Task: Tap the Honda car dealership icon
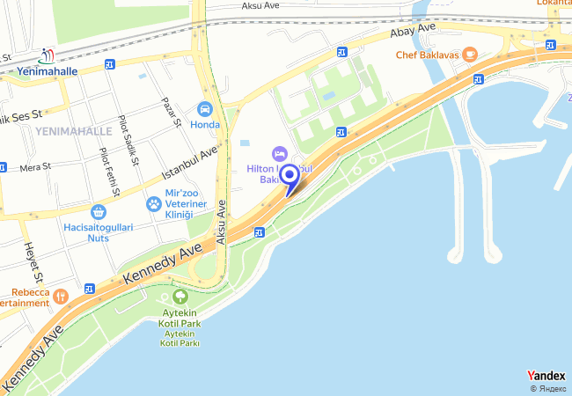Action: point(205,109)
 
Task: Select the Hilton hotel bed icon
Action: point(280,155)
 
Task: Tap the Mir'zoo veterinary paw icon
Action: point(154,204)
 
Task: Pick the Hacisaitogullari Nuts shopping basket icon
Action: point(98,212)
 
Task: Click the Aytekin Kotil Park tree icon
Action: point(180,297)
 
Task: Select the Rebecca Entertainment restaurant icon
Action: point(60,296)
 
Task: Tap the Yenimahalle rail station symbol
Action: point(47,56)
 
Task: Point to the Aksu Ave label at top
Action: point(265,6)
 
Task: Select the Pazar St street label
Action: point(170,111)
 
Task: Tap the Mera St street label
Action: point(36,165)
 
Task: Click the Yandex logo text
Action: point(546,375)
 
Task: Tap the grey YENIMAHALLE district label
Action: point(74,131)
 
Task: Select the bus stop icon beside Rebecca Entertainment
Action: point(90,288)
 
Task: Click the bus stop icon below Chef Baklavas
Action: point(478,79)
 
